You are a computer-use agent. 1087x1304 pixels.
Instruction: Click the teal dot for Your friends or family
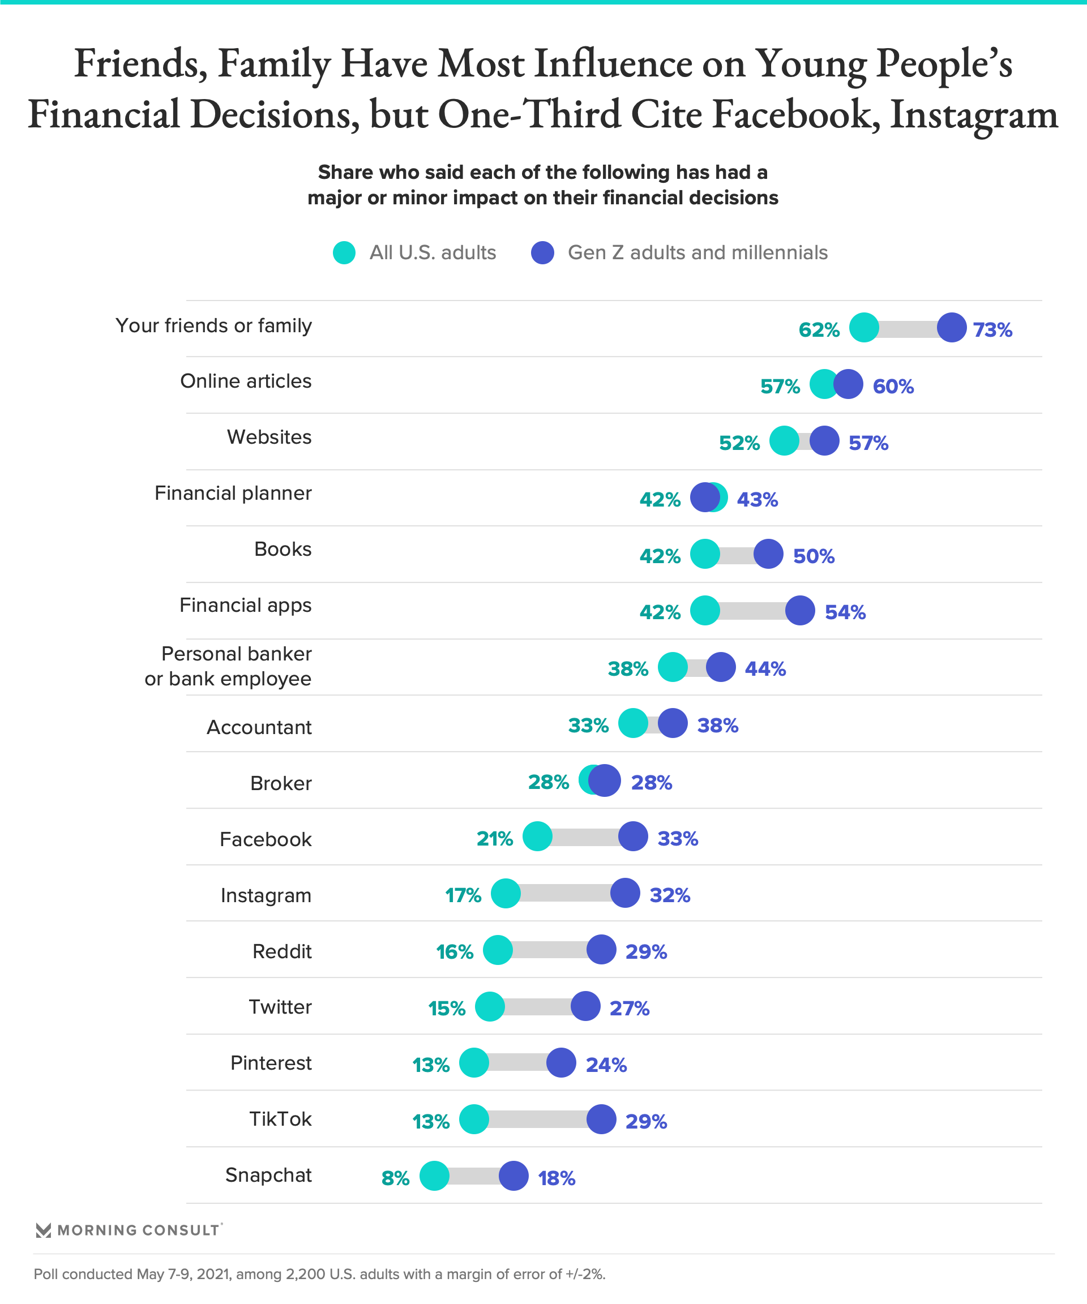pos(863,327)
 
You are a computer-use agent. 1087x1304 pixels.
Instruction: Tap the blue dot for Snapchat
pos(513,1176)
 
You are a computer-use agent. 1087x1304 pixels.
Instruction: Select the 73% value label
pos(992,330)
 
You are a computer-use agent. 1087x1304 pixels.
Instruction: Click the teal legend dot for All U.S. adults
pos(344,253)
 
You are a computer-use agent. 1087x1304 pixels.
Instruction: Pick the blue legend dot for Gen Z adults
pos(542,253)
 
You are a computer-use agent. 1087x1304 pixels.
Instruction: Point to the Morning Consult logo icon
pos(43,1230)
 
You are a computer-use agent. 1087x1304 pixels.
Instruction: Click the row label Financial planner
pos(233,493)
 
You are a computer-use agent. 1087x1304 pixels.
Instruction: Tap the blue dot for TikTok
pos(601,1119)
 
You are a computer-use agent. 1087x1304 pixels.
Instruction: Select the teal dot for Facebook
pos(537,837)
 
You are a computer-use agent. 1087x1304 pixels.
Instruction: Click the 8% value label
pos(396,1178)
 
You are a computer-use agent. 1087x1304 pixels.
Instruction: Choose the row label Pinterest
pos(271,1062)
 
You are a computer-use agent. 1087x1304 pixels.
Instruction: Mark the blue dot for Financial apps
pos(800,610)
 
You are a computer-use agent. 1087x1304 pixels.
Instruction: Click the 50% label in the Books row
pos(814,556)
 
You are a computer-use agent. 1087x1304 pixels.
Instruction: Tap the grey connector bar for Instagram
pos(565,893)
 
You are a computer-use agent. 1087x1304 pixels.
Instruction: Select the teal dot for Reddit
pos(498,950)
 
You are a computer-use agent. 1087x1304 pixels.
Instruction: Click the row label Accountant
pos(259,727)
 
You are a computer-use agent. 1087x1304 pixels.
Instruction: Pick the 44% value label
pos(765,669)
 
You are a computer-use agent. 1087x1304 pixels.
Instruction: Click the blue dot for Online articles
pos(848,384)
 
